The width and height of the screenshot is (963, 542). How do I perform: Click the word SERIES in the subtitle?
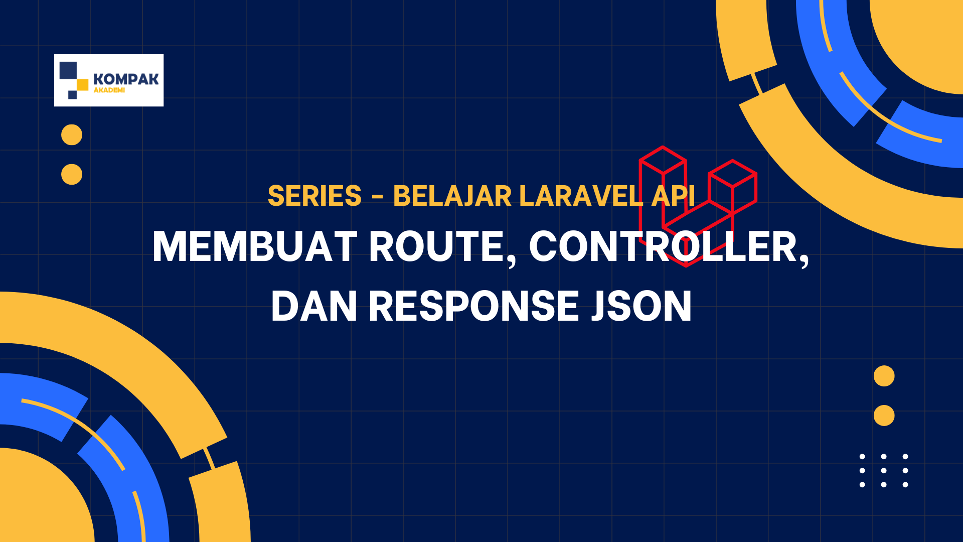[314, 196]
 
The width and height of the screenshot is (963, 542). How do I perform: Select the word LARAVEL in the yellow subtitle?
[581, 196]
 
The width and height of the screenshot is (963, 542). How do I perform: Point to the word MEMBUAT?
[255, 246]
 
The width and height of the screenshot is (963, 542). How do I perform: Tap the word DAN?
[314, 306]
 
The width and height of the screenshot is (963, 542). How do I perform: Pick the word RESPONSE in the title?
[474, 306]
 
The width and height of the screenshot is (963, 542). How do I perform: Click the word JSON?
[641, 306]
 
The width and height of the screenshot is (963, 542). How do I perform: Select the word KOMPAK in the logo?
[126, 79]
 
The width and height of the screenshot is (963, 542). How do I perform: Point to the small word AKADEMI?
[109, 90]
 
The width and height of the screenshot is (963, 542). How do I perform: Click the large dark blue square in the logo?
[68, 70]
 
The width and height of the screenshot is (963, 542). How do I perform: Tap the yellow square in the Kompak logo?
[82, 85]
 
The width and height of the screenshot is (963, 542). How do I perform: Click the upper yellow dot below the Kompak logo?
[72, 135]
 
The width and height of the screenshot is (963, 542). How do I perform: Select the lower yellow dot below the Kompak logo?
[72, 175]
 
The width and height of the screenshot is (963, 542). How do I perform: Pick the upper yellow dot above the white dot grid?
[884, 376]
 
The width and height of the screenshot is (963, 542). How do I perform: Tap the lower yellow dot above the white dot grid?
[884, 416]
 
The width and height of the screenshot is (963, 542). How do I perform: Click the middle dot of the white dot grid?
[884, 471]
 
